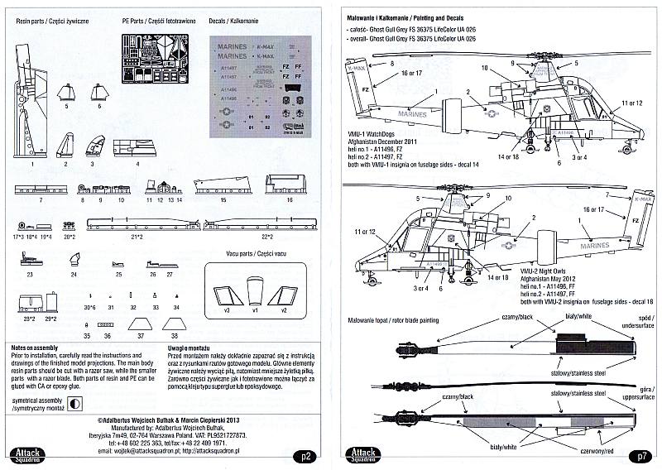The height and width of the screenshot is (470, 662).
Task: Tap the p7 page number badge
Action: pos(642,454)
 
